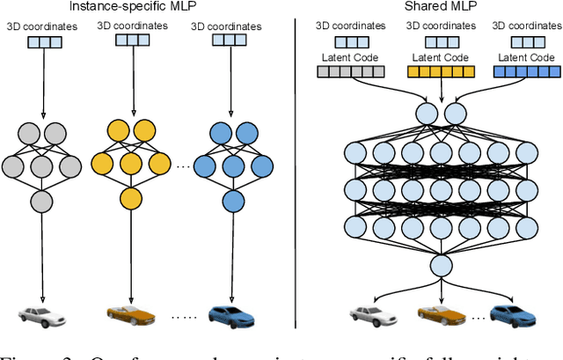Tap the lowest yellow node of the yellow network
pos(132,197)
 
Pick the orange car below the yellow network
pos(130,312)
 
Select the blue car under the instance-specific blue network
pos(229,312)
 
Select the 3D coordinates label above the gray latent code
pos(349,26)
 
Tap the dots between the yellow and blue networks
pos(184,166)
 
